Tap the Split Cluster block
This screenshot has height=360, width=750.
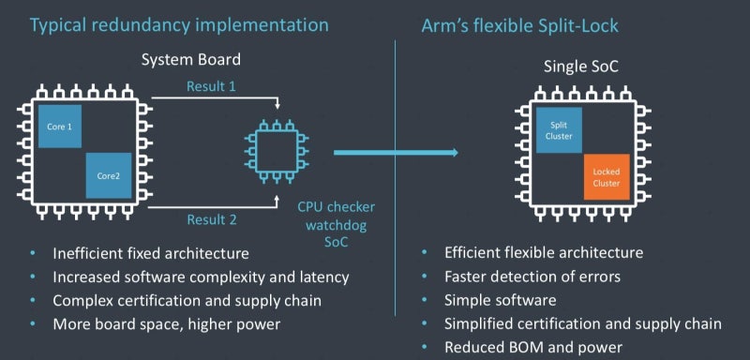pos(559,130)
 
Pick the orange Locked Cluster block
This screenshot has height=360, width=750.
pos(607,177)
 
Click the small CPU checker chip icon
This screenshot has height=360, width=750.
pos(276,150)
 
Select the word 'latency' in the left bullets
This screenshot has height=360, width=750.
pos(323,277)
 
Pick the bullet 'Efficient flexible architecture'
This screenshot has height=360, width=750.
pos(544,253)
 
